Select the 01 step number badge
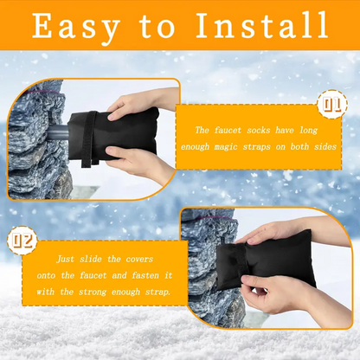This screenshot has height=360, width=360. click(331, 106)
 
